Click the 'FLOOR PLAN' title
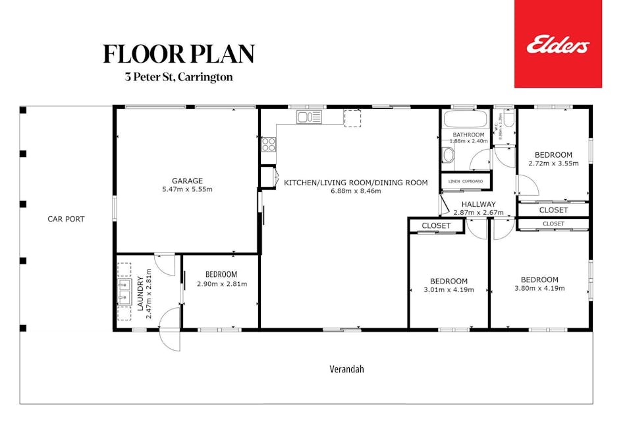coord(178,54)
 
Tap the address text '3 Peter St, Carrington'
coord(178,77)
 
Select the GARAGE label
coord(187,181)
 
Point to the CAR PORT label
coord(66,219)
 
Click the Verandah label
coord(346,369)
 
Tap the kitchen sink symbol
coord(308,117)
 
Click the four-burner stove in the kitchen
coord(269,144)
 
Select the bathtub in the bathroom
coord(465,121)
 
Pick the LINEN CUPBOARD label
coord(466,181)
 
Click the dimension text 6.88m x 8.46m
coord(356,192)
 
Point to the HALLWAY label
coord(478,204)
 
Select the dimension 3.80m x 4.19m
coord(539,288)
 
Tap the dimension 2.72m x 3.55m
coord(553,163)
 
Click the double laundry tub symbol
coord(124,292)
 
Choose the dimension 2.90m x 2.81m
coord(221,284)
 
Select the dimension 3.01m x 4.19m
coord(449,289)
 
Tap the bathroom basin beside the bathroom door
coord(448,156)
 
